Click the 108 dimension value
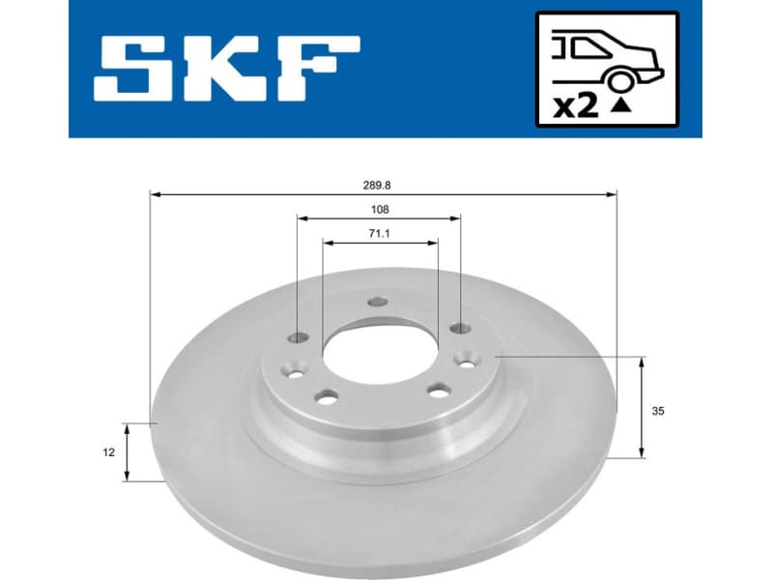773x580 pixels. click(x=380, y=208)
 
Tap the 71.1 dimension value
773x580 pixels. click(x=380, y=233)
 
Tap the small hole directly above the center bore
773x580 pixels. click(x=378, y=304)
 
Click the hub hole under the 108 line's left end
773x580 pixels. click(x=299, y=338)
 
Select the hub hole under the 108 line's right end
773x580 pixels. click(x=459, y=331)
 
